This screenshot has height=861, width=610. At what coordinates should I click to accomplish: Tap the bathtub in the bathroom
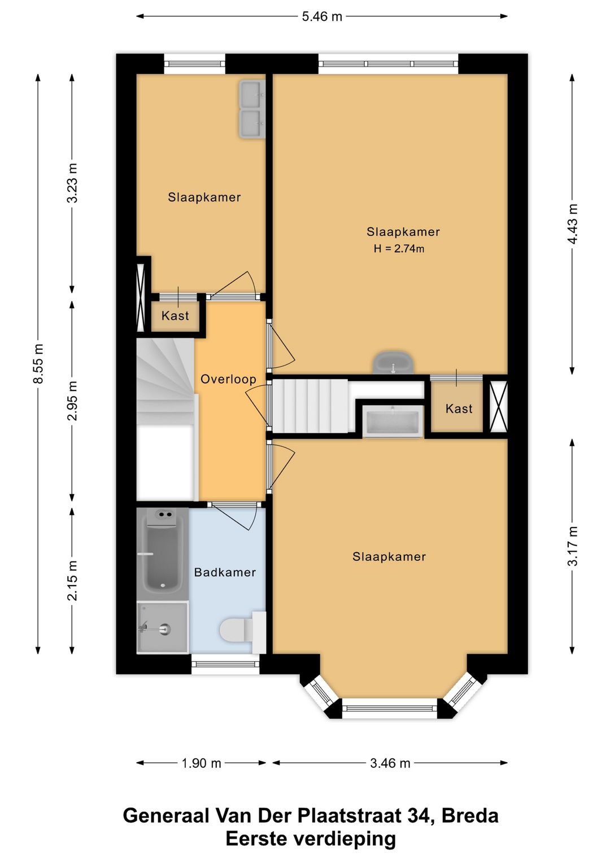tap(163, 551)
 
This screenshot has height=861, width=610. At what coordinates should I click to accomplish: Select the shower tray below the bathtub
tap(163, 627)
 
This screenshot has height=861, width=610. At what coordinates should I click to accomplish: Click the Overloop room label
tap(229, 379)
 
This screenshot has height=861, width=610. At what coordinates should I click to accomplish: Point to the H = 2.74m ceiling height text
tap(399, 249)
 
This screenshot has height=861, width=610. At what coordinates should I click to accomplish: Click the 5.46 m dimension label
tap(322, 16)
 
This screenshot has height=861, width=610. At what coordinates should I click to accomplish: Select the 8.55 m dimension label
tap(38, 363)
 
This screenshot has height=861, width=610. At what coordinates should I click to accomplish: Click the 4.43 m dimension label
tap(572, 223)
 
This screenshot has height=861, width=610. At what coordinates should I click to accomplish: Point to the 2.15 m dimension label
tap(72, 581)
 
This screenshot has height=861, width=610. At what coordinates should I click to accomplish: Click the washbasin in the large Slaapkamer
tap(393, 362)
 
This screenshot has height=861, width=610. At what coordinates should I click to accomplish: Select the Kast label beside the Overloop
tap(175, 315)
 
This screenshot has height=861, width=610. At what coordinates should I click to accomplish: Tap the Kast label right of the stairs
tap(459, 408)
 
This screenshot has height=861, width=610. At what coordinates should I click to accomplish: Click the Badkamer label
tap(225, 572)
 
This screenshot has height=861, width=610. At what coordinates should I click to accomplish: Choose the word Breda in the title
tap(469, 815)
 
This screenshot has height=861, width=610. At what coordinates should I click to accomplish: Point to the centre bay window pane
tap(390, 708)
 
